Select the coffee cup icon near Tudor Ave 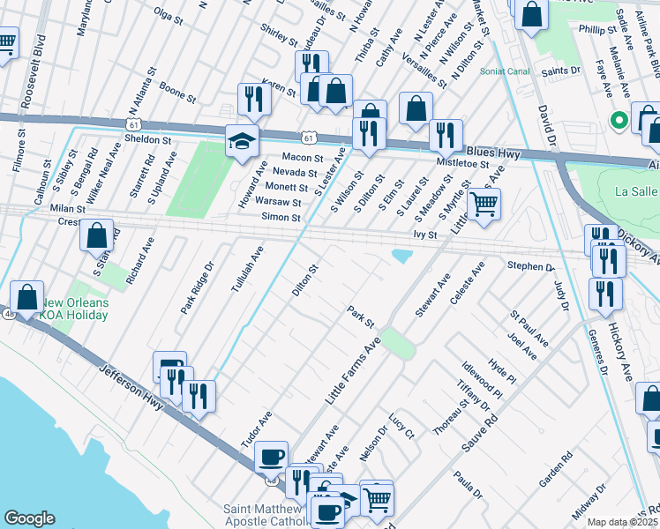click(271, 457)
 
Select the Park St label click(361, 315)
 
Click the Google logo click(29, 518)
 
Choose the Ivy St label click(425, 235)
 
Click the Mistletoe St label click(463, 163)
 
